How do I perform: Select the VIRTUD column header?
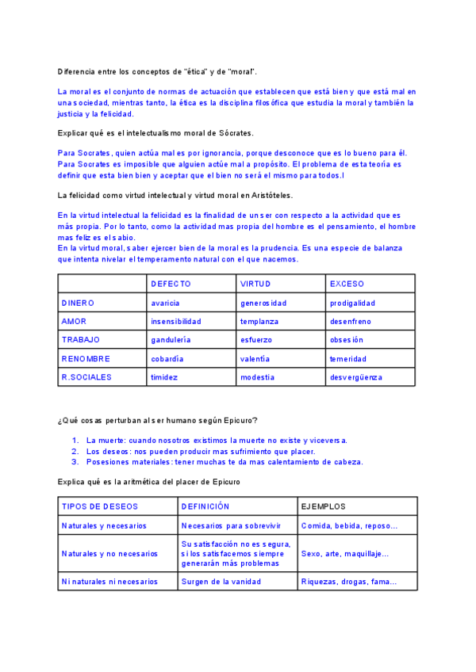(255, 284)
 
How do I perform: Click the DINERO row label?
(78, 303)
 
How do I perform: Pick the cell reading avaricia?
(165, 303)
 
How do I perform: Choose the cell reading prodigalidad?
(353, 303)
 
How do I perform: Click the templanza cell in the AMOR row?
(258, 322)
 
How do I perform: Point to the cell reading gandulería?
(171, 340)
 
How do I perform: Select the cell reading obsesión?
(347, 340)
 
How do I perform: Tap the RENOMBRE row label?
(85, 359)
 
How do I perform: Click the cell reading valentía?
(255, 359)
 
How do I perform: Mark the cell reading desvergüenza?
(356, 378)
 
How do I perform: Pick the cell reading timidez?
(164, 378)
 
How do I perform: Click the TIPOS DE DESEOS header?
(99, 506)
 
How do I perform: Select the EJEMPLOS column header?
(324, 506)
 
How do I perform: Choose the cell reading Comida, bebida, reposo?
(348, 525)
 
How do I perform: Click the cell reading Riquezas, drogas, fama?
(348, 582)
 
